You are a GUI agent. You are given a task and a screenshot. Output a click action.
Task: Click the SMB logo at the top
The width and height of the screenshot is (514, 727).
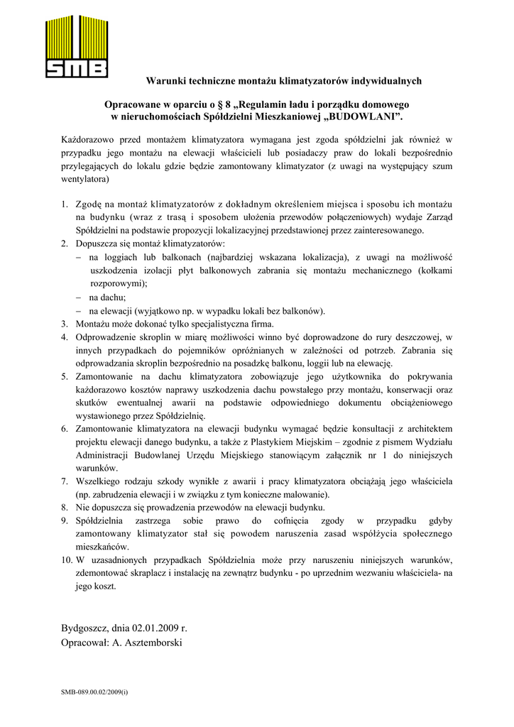coord(77,46)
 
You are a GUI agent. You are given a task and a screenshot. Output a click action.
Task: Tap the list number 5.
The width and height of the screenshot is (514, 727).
coord(64,376)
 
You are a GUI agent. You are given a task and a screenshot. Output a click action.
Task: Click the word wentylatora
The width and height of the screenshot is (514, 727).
coord(86,179)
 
